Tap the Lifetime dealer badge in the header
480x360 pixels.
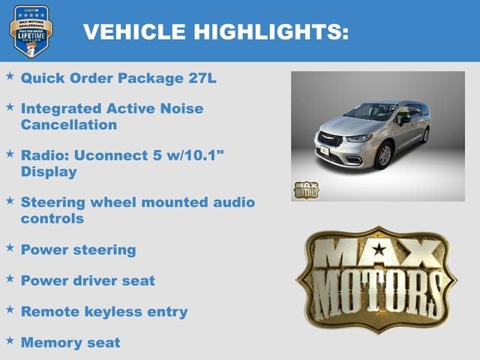[x=30, y=30]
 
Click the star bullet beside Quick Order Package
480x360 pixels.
[x=10, y=76]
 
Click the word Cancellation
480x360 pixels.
[x=68, y=124]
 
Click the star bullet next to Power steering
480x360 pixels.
[x=10, y=247]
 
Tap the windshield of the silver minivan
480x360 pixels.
[x=372, y=112]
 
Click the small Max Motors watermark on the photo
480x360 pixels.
[x=305, y=189]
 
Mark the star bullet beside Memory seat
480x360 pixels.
[x=10, y=340]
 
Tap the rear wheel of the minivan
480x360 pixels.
[x=425, y=135]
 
